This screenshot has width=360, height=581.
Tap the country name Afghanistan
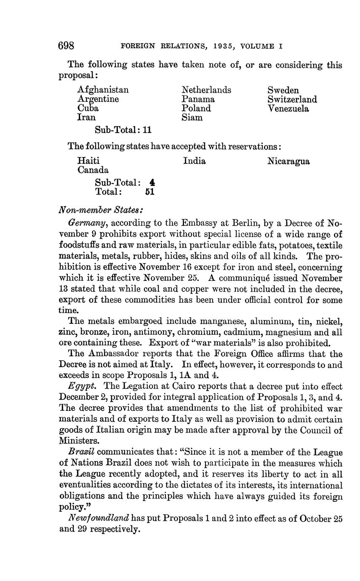(x=103, y=90)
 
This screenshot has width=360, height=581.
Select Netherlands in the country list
(x=206, y=90)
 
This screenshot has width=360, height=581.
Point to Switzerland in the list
(x=292, y=99)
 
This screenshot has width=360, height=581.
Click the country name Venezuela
(x=288, y=109)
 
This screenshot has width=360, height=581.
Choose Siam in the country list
(x=192, y=118)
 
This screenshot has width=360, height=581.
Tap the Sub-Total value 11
(x=147, y=130)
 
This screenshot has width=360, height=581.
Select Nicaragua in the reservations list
(x=288, y=161)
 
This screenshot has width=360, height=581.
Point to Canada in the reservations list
(x=93, y=170)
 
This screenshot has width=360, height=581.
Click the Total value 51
(x=149, y=192)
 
